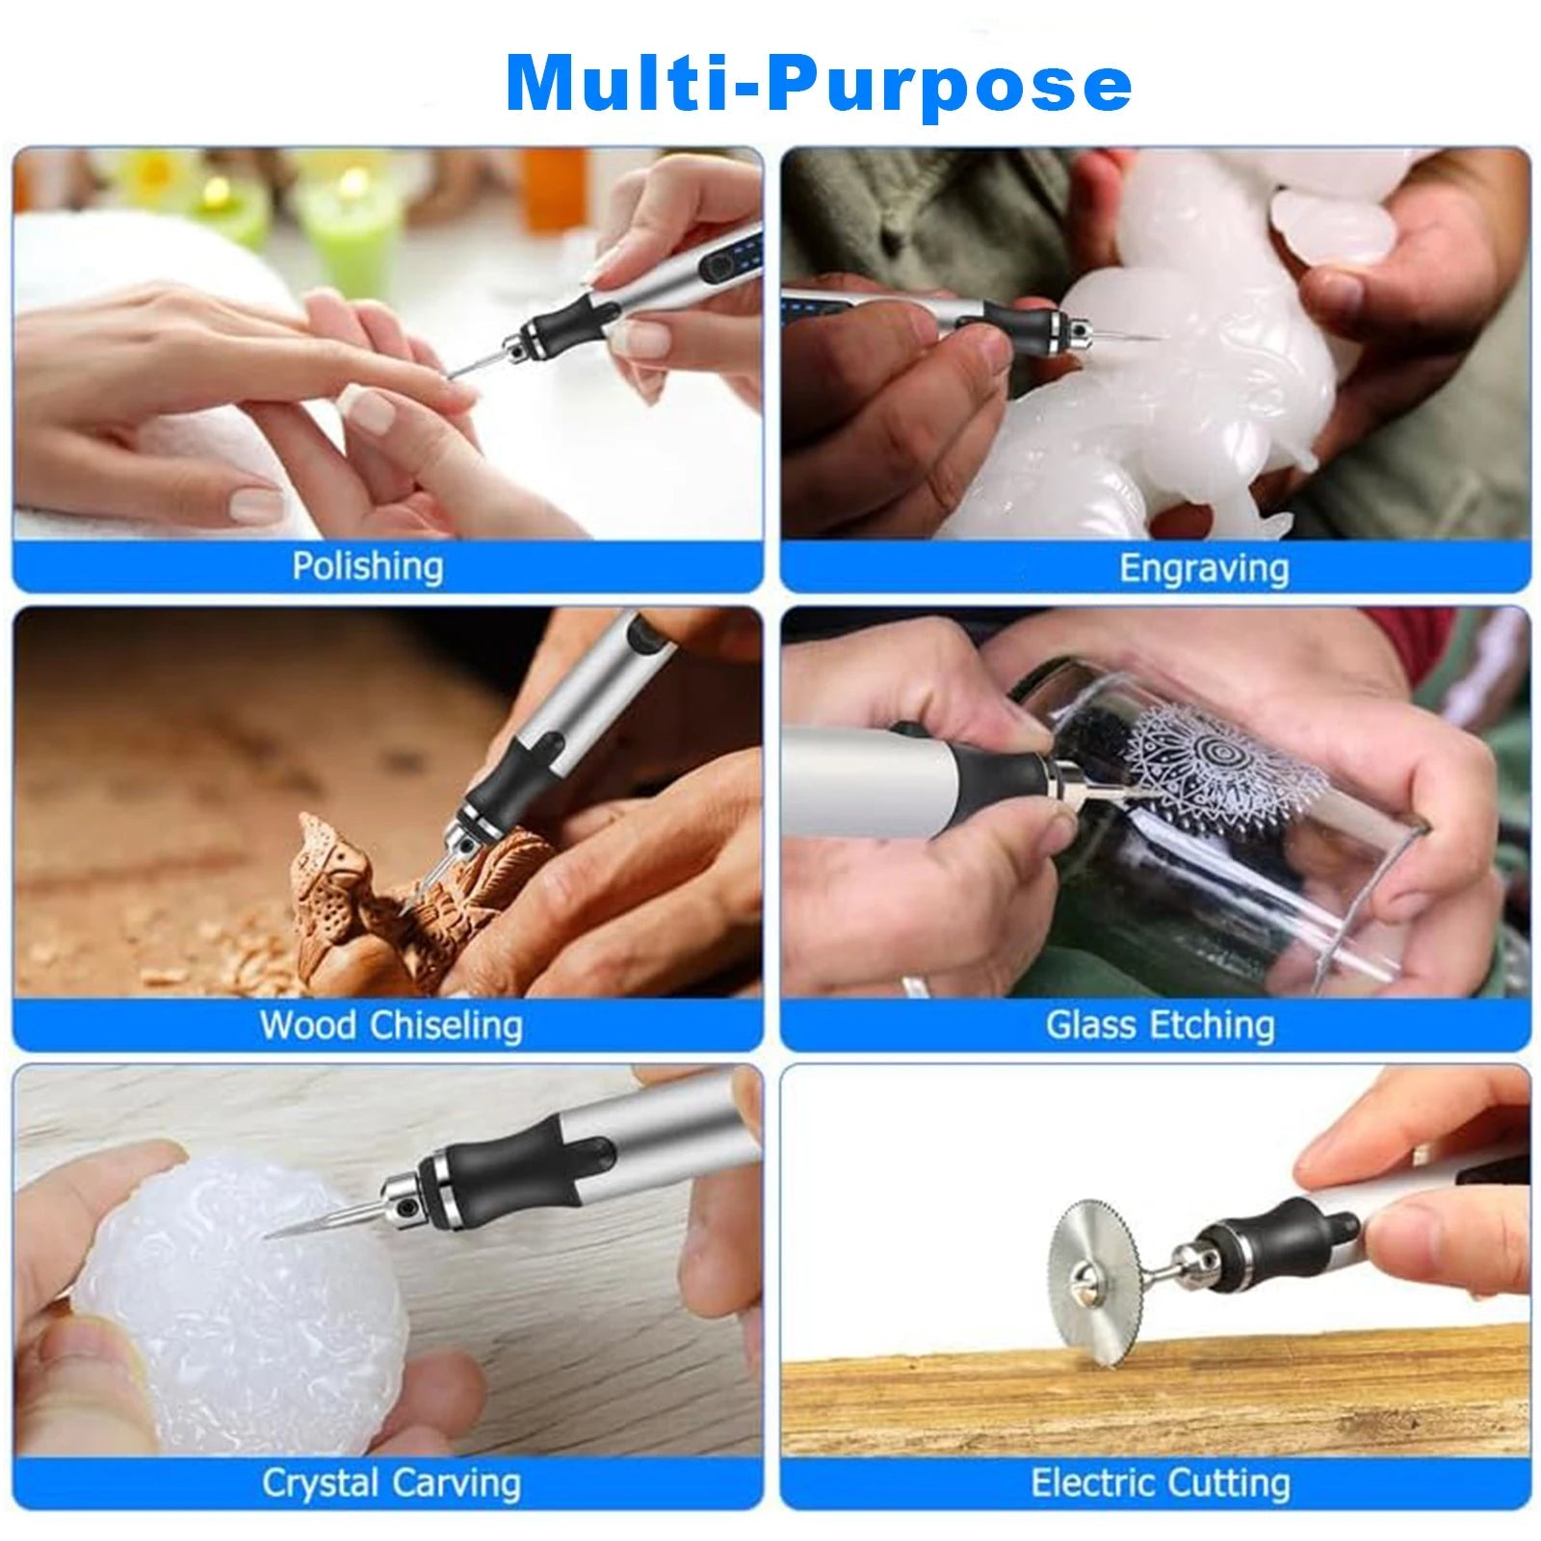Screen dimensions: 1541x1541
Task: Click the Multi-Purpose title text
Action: [x=818, y=85]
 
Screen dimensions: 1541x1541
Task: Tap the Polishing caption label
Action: [x=367, y=566]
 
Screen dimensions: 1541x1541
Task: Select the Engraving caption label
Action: [x=1203, y=568]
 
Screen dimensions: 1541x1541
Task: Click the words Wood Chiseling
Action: [x=390, y=1025]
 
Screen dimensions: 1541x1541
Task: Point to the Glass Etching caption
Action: [x=1160, y=1025]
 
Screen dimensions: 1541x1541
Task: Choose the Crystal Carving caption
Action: [x=390, y=1483]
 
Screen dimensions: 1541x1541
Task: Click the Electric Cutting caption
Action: [x=1160, y=1483]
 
